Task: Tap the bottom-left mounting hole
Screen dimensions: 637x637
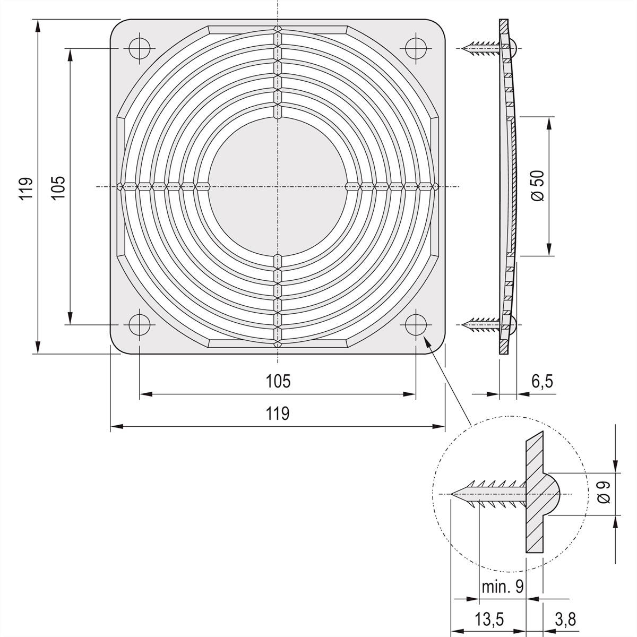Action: (x=139, y=324)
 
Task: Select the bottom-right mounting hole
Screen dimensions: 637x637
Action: (x=416, y=324)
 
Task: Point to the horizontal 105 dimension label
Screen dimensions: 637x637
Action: (x=278, y=381)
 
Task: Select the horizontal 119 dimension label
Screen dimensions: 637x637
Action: (x=278, y=413)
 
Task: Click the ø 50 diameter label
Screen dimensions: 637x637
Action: (x=538, y=186)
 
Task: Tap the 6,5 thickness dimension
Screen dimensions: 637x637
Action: (x=542, y=381)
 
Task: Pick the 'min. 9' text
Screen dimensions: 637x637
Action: (x=502, y=586)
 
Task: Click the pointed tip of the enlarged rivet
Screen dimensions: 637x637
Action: (x=452, y=494)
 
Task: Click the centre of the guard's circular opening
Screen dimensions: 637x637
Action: (x=277, y=187)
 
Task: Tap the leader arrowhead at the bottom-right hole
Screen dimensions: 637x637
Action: (x=425, y=339)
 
